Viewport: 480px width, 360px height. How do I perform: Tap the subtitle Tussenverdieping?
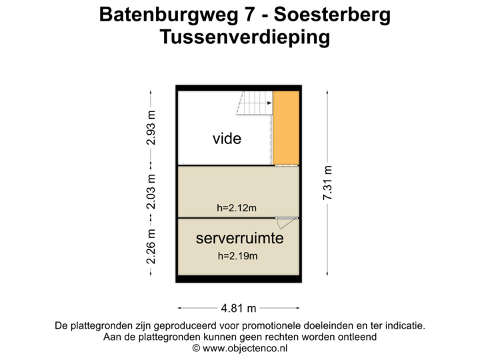point(245,37)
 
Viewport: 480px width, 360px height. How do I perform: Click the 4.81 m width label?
point(239,308)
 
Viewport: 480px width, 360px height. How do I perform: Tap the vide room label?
point(227,139)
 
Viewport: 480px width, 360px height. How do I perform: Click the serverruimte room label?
point(239,238)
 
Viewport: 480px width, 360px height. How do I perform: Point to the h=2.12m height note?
point(237,208)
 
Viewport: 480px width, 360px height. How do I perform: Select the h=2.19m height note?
point(237,255)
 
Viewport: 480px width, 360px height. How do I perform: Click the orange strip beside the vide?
point(286,128)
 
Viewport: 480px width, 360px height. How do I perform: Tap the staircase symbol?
point(255,103)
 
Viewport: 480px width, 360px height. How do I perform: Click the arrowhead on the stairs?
point(269,103)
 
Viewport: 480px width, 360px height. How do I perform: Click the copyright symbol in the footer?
point(196,347)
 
